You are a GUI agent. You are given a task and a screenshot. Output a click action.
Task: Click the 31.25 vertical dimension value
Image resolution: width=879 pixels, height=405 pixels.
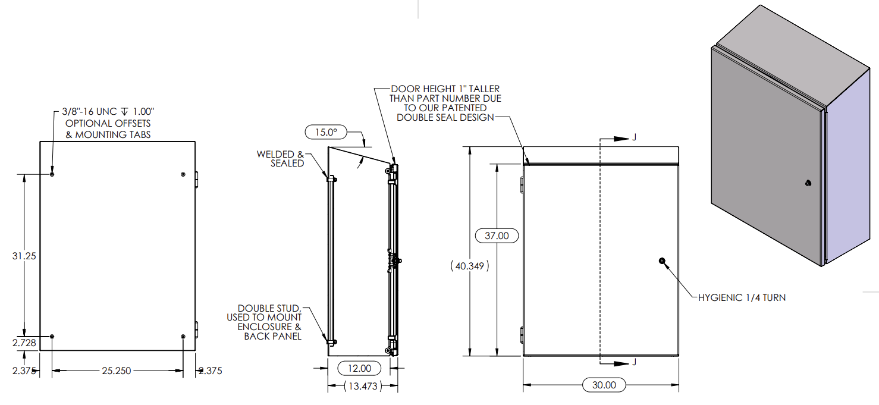[24, 256]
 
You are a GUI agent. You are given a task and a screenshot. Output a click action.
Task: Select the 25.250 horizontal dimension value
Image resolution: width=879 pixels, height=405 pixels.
[117, 371]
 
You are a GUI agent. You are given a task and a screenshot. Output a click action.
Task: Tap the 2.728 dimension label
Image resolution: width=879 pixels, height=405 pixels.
[24, 343]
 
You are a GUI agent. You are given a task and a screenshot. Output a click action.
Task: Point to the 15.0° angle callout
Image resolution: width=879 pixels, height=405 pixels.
[326, 132]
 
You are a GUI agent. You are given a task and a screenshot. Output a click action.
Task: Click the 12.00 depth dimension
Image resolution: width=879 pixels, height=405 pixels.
[359, 369]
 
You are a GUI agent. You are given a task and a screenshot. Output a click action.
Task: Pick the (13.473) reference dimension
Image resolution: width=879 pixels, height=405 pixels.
[363, 386]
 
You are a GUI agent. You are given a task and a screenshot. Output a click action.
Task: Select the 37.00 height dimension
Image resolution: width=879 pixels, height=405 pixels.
[497, 236]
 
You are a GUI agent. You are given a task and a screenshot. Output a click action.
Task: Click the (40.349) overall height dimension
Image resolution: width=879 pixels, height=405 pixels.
[470, 266]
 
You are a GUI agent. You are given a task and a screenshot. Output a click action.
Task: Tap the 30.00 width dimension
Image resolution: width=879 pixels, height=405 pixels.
[604, 385]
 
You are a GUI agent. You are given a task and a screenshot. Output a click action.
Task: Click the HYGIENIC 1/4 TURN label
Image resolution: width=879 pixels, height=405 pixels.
[742, 298]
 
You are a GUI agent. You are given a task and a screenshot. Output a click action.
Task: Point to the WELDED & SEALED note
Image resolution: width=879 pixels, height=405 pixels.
[280, 159]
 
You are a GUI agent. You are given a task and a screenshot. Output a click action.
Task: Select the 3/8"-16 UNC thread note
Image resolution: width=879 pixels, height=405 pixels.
[108, 112]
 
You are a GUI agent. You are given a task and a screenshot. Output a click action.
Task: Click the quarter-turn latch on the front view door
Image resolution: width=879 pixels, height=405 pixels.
[662, 260]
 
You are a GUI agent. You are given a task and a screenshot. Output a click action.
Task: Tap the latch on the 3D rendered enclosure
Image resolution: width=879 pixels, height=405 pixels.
[808, 183]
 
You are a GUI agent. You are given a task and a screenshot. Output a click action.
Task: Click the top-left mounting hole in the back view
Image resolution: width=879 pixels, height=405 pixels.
[52, 174]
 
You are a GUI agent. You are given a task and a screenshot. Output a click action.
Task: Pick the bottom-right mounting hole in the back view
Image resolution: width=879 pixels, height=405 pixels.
[183, 337]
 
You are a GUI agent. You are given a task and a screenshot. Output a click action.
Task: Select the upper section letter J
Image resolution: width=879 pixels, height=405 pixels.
[634, 137]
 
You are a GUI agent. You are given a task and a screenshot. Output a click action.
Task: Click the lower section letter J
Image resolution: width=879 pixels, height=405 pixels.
[634, 362]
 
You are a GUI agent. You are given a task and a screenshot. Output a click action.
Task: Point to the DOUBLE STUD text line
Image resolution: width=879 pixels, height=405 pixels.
[269, 309]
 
